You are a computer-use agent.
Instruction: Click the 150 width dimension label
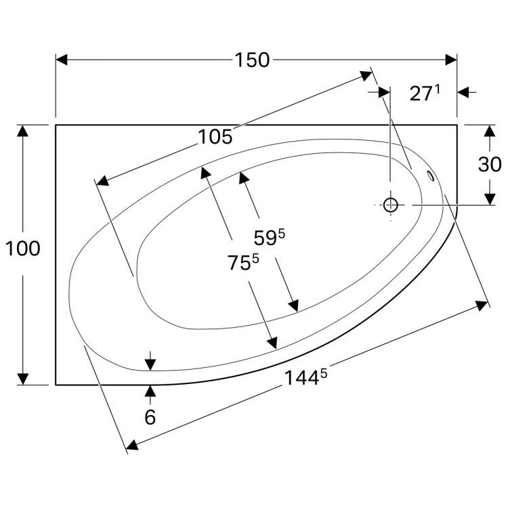coord(252,60)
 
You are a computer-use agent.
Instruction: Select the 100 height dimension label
coord(22,249)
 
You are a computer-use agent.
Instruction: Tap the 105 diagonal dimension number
coord(215,137)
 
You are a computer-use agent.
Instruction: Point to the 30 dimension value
coord(490,165)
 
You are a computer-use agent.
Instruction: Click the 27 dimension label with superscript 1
coord(425,93)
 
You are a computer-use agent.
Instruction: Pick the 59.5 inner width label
coord(269,238)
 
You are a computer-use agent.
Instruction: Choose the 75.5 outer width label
coord(243,261)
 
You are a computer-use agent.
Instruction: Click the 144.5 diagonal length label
coord(305,378)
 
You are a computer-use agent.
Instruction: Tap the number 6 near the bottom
coord(150,417)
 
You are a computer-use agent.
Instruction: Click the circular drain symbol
coord(390,205)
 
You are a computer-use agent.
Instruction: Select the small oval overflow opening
coord(431,177)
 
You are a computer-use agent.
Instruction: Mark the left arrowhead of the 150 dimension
coord(62,60)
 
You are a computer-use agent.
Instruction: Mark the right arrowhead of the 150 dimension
coord(451,60)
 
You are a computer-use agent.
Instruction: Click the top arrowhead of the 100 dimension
coord(22,131)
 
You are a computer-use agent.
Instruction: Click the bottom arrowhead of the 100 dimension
coord(22,379)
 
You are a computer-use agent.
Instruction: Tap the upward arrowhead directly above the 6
coord(150,391)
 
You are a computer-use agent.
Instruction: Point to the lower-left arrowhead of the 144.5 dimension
coord(132,445)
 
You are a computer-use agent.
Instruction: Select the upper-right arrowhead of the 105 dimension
coord(366,76)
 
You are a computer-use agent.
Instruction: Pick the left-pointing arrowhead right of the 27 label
coord(463,92)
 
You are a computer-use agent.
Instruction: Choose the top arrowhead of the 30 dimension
coord(490,131)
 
